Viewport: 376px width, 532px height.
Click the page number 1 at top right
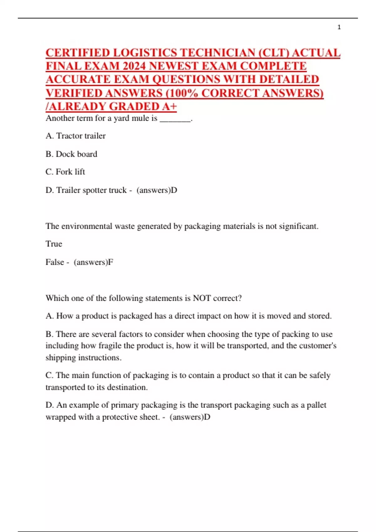[x=339, y=28]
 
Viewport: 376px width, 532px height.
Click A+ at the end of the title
[x=169, y=106]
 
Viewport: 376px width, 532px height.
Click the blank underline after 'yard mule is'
[x=175, y=119]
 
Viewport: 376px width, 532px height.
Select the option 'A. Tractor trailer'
[x=76, y=136]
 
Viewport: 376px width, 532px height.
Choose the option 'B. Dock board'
[x=71, y=154]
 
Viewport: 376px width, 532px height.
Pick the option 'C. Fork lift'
[x=65, y=172]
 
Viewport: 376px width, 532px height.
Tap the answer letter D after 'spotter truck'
[x=174, y=190]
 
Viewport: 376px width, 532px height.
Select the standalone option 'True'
[x=54, y=244]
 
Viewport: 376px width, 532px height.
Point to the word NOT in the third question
[x=201, y=298]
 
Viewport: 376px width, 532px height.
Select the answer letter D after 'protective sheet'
[x=207, y=417]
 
